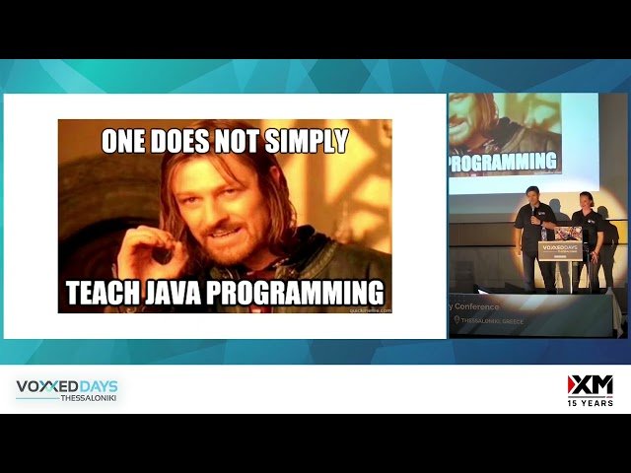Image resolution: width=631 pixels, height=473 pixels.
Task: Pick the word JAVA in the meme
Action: click(x=180, y=292)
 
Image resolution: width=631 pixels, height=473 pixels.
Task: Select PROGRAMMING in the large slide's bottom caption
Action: click(x=302, y=292)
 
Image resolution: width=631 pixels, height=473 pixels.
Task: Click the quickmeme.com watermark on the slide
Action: click(x=370, y=310)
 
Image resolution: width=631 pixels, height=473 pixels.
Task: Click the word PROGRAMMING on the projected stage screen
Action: click(x=504, y=161)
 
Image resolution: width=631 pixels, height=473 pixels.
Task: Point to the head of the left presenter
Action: click(x=531, y=194)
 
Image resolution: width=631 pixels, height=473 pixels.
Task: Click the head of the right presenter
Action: click(x=586, y=198)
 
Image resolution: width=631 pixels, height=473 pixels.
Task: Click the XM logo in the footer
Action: click(x=590, y=384)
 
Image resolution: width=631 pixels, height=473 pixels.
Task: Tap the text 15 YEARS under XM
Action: click(x=590, y=403)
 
